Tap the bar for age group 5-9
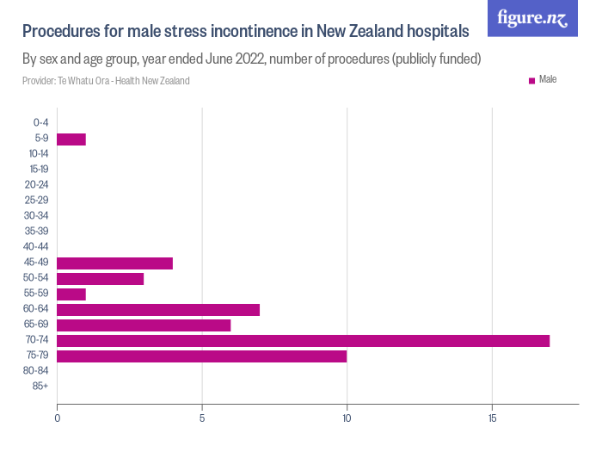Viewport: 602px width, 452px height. (71, 139)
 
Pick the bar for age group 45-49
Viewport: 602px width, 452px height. (114, 263)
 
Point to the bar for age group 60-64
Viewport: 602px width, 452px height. (158, 310)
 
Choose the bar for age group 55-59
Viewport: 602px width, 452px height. (71, 294)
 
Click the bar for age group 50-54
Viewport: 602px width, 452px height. (100, 279)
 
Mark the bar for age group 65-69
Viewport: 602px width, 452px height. (144, 325)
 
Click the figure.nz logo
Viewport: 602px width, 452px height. (532, 19)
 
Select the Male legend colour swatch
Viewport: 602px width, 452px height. (531, 81)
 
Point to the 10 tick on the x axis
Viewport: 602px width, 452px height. (347, 418)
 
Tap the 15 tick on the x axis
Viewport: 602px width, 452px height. (492, 418)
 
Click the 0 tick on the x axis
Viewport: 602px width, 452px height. (57, 418)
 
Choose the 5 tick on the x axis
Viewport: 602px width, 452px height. (202, 418)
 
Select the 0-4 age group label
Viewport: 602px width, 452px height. (40, 124)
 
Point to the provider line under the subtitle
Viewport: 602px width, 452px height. (106, 81)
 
